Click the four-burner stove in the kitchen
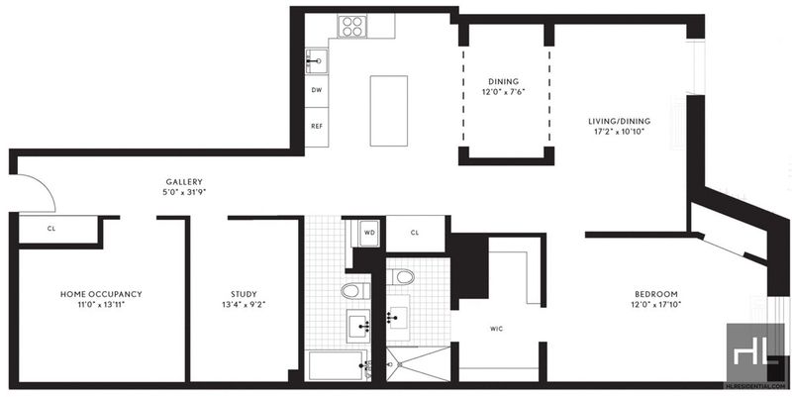(x=352, y=27)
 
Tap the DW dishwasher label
(x=316, y=90)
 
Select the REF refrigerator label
(x=316, y=127)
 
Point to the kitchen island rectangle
(x=388, y=111)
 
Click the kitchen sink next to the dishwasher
(x=317, y=61)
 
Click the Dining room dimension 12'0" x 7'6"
(x=503, y=92)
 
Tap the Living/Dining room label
(x=619, y=121)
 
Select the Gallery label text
(x=184, y=182)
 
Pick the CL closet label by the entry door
(x=51, y=229)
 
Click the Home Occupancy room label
(x=101, y=294)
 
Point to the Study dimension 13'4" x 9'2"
(x=244, y=305)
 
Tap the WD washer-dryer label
(x=369, y=233)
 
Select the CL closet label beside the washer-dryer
(x=415, y=233)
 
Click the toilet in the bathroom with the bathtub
(x=355, y=290)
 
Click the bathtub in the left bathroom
(x=338, y=365)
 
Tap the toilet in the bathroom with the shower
(x=403, y=277)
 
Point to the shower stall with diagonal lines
(x=418, y=363)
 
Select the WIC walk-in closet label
(x=497, y=329)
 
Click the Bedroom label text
(x=656, y=294)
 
